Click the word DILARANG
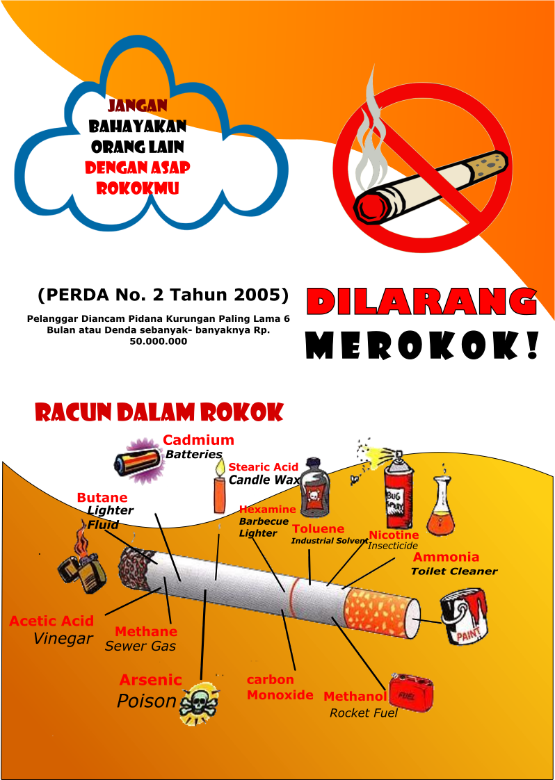(x=421, y=302)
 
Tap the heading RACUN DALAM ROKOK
(x=159, y=412)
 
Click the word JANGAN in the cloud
(x=138, y=106)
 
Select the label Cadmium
(x=198, y=440)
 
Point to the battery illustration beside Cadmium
(x=139, y=461)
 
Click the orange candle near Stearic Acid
(x=220, y=492)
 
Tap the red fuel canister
(x=412, y=691)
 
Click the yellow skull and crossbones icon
(x=198, y=704)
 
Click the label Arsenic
(x=150, y=680)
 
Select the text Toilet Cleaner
(x=454, y=571)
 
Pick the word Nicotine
(x=394, y=535)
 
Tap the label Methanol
(x=355, y=697)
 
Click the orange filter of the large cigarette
(x=379, y=609)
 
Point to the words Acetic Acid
(x=51, y=621)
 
